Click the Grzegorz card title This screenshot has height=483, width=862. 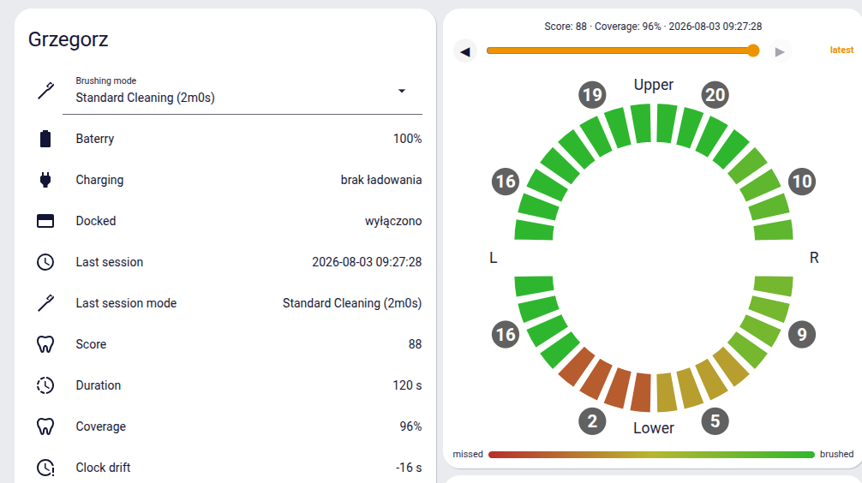[69, 39]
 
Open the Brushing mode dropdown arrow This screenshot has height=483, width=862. [402, 91]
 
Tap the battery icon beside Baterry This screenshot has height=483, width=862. [45, 139]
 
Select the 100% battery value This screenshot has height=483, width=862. [407, 139]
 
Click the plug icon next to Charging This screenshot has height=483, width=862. [45, 180]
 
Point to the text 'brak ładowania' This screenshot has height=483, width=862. [381, 180]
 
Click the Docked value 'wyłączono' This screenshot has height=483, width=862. [393, 221]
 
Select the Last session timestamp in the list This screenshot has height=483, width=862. [367, 262]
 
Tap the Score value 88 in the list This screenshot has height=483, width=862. [415, 344]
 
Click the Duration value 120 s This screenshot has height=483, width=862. [407, 385]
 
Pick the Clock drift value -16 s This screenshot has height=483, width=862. [409, 468]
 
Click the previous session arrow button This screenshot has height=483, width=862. [465, 51]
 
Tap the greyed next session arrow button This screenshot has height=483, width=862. [780, 51]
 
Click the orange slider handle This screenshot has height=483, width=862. [753, 51]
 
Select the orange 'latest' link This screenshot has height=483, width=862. [841, 50]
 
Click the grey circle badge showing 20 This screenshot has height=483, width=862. [715, 95]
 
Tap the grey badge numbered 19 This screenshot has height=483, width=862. [592, 95]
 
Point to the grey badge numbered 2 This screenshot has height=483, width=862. [592, 421]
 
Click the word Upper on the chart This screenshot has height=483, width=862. [654, 85]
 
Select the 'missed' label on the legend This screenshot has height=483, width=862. [468, 455]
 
